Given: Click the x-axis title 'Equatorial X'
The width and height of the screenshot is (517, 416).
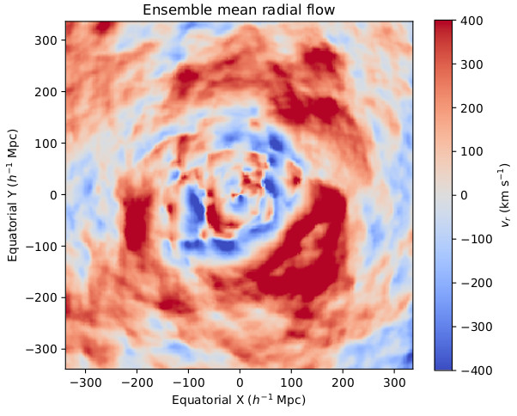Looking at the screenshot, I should point(239,400).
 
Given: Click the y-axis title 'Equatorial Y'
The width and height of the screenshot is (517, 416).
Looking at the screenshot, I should point(15,195).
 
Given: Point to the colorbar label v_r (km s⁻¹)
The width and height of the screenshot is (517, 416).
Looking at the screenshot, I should point(503,195).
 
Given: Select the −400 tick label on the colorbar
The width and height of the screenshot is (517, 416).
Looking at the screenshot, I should point(474,370).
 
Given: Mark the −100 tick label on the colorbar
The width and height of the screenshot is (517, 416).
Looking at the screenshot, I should point(474,239).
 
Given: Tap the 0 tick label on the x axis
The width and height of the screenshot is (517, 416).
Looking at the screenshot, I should point(240,382).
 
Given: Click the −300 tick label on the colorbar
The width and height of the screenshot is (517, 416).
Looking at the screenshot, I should point(474,327).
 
